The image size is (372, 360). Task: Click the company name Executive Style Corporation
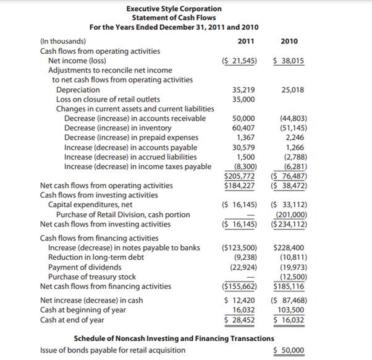click(174, 9)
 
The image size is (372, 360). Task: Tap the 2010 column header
click(289, 41)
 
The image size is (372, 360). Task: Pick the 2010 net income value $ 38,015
click(288, 61)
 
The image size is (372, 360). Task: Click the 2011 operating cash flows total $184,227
click(239, 185)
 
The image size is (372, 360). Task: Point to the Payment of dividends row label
click(85, 267)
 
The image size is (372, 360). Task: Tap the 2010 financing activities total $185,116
click(288, 286)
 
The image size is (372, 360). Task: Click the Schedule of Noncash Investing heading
click(173, 338)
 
